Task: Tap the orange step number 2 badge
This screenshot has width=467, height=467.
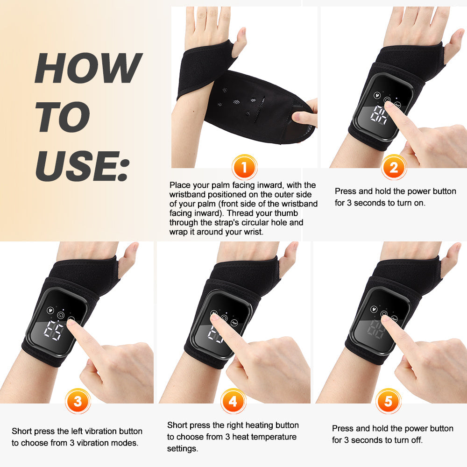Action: pos(394,167)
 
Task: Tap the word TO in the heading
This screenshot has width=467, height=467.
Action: pos(63,117)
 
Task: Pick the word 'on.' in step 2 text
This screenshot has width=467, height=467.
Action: pos(418,203)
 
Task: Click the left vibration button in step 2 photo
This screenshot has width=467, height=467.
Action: pos(376,93)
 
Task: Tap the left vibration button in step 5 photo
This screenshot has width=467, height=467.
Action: pos(374,309)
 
